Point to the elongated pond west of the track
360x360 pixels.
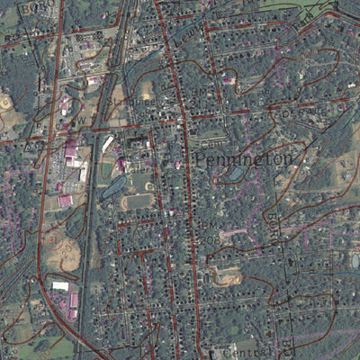point(112,187)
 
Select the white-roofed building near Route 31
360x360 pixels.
point(60,286)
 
